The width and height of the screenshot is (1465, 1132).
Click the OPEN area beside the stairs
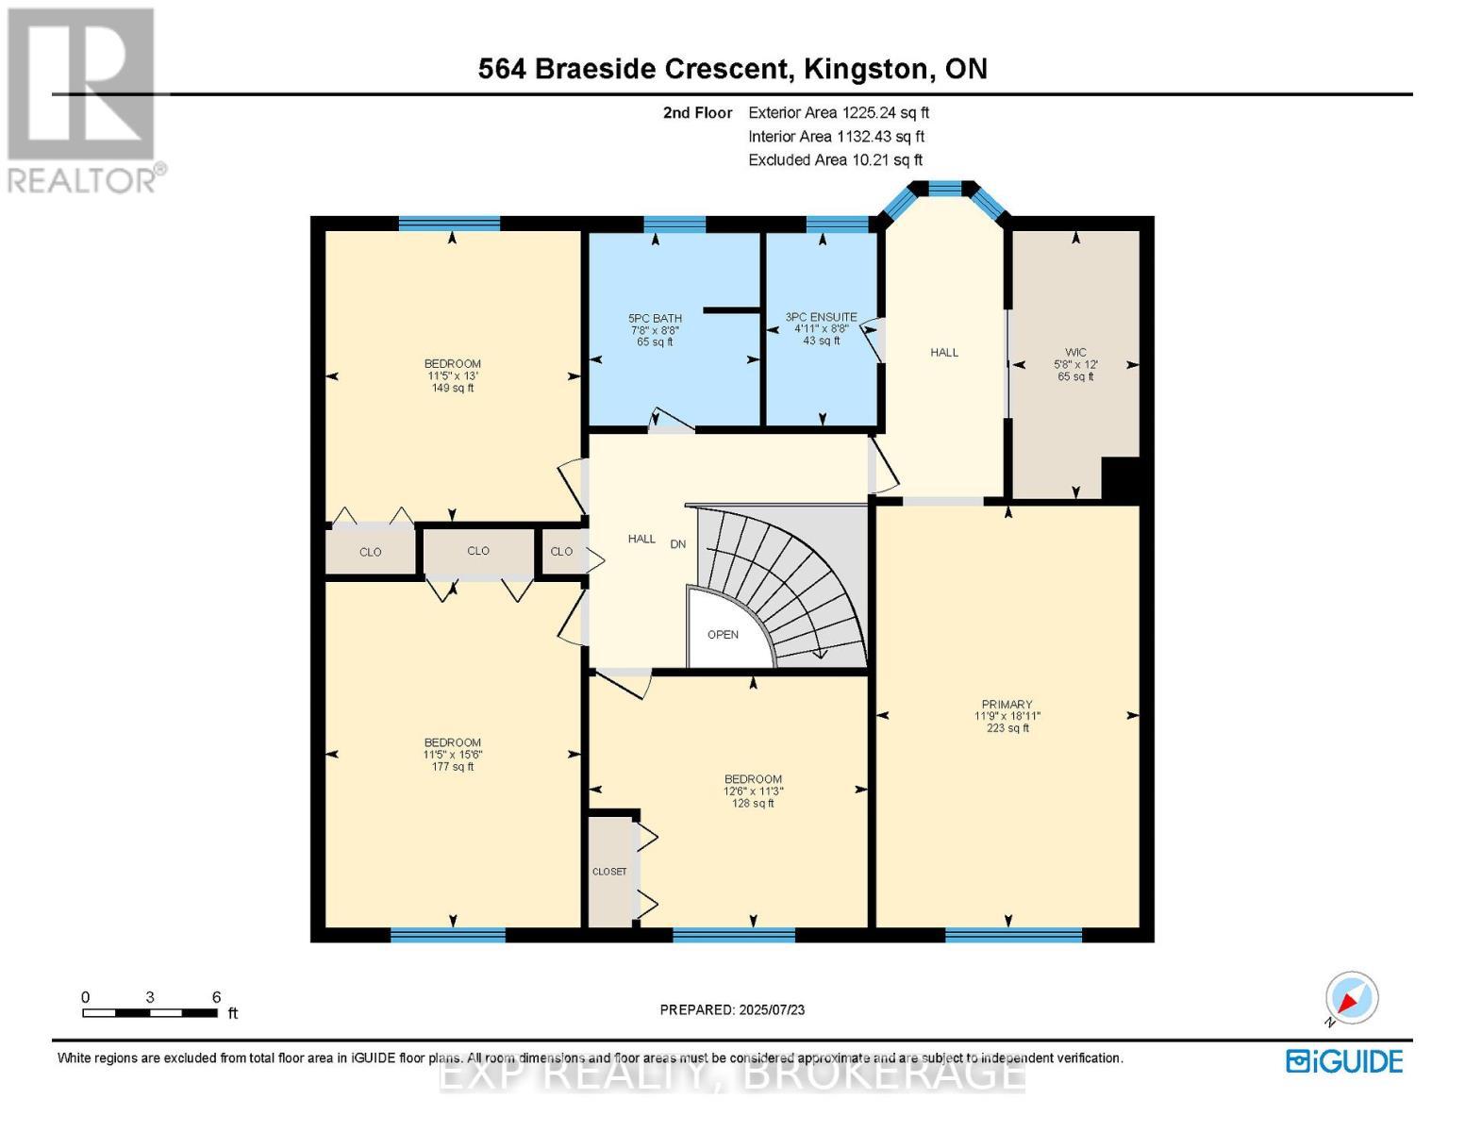[723, 635]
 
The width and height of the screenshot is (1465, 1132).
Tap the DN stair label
[677, 544]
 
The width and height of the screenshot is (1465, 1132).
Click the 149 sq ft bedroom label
[453, 375]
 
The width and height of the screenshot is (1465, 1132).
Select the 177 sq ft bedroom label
[453, 755]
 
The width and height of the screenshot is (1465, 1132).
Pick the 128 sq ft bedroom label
[753, 791]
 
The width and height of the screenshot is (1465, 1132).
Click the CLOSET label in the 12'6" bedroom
[609, 872]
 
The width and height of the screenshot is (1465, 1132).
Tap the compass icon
[1351, 998]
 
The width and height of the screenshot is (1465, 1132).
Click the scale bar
[150, 1013]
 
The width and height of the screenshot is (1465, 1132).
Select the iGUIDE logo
[1345, 1062]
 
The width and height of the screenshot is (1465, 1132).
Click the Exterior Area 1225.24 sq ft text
[839, 112]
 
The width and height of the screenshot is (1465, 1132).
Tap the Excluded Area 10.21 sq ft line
[835, 159]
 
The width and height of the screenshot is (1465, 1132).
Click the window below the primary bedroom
[1013, 935]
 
